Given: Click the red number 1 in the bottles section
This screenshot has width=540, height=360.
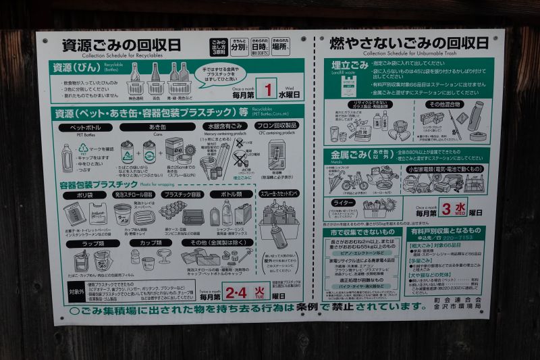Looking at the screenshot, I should (269, 90).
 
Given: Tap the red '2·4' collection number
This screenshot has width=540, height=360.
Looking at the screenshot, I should (236, 292).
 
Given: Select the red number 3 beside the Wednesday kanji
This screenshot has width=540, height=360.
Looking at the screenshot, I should (446, 208).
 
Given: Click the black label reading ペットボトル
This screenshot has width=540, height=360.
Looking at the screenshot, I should (85, 127).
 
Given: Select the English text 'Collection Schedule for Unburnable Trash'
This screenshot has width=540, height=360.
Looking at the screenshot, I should (409, 54).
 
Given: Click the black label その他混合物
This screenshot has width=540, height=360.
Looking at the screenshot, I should (443, 105).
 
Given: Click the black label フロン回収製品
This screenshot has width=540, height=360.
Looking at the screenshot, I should (276, 127).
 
